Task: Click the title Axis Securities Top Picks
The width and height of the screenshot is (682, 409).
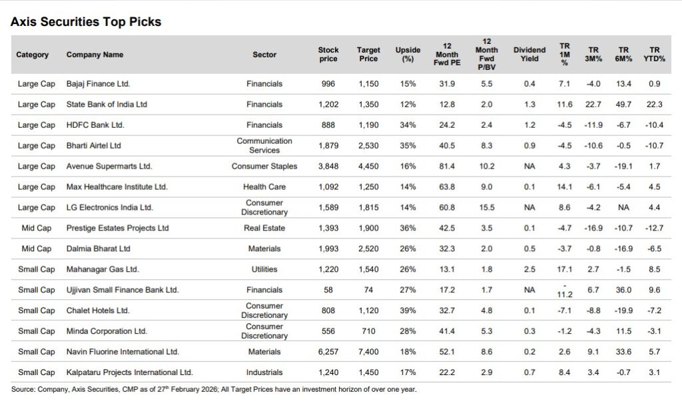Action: [x=86, y=22]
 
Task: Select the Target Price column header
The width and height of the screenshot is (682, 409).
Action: [x=368, y=54]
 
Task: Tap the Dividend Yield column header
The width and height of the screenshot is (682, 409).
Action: [x=529, y=54]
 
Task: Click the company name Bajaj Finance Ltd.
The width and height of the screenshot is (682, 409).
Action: [x=98, y=84]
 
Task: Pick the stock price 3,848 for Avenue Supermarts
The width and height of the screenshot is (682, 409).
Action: [x=328, y=166]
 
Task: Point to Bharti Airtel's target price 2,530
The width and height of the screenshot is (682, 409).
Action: [x=368, y=145]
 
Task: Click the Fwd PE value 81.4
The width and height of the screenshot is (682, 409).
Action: [x=447, y=166]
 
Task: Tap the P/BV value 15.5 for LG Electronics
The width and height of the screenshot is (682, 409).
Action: [x=487, y=207]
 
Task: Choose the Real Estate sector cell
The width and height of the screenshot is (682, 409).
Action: [x=264, y=228]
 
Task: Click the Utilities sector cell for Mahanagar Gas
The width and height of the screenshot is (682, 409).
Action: [x=264, y=269]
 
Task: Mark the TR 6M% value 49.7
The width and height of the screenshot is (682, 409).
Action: [x=623, y=105]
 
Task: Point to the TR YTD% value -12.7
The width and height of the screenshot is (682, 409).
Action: [x=655, y=228]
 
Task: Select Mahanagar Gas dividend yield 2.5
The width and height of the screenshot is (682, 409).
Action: [x=529, y=269]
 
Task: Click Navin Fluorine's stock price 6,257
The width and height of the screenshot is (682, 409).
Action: [x=328, y=352]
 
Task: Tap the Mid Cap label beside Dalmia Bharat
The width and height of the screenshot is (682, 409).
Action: [x=37, y=248]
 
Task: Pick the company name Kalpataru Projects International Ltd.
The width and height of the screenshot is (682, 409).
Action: [x=129, y=372]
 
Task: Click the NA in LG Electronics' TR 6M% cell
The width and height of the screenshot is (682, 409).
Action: [x=623, y=207]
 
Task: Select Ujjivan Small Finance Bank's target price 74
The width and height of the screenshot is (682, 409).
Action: [x=368, y=290]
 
